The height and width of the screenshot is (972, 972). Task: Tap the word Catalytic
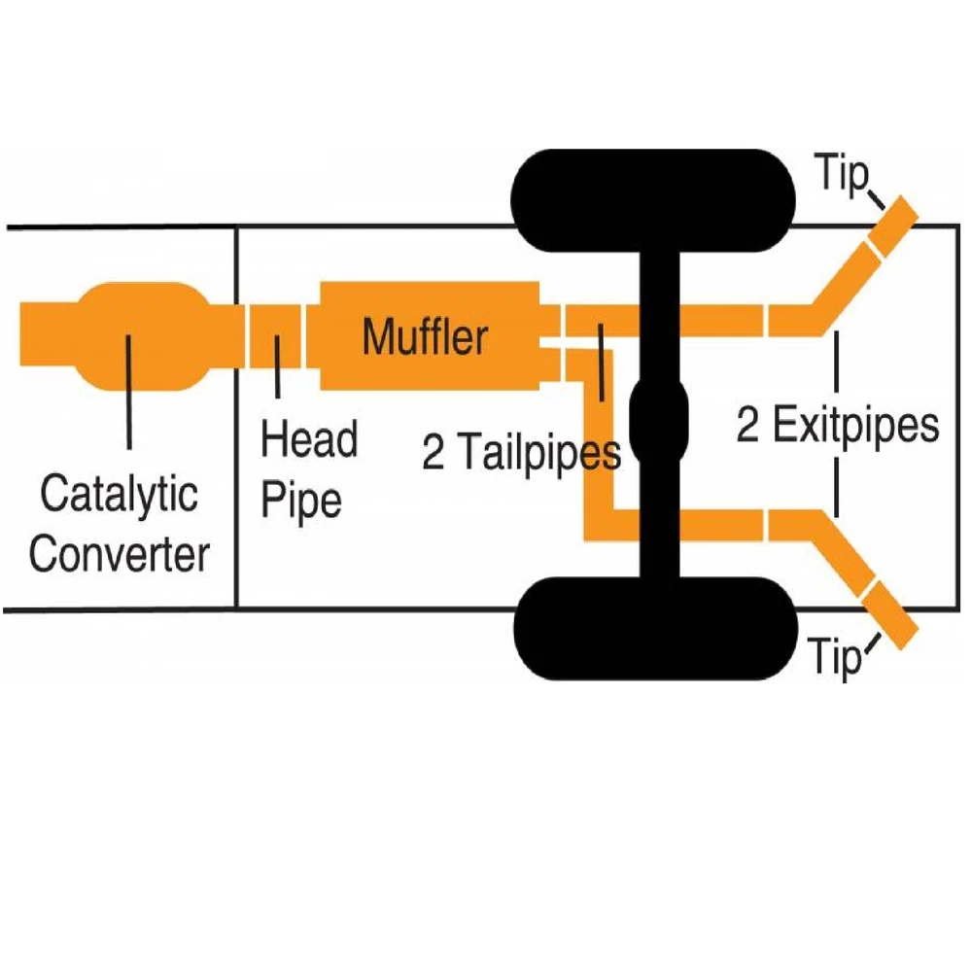[x=119, y=496]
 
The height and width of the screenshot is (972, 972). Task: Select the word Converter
[x=119, y=555]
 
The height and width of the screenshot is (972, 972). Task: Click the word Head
[x=309, y=439]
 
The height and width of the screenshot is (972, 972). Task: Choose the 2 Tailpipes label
[x=521, y=452]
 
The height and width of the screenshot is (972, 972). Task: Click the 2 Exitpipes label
[x=838, y=426]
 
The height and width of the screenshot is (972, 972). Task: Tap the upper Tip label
[x=840, y=177]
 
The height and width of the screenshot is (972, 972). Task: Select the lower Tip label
[x=835, y=658]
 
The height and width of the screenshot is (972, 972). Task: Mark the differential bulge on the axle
[x=659, y=417]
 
